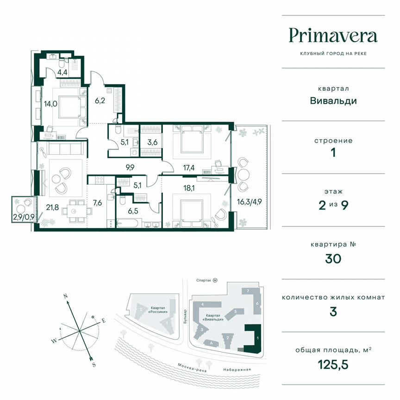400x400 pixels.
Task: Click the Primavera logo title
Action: (333, 35)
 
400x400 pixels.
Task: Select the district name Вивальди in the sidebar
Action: (333, 101)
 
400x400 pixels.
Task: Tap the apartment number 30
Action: (333, 258)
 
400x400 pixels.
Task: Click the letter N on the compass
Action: (66, 295)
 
